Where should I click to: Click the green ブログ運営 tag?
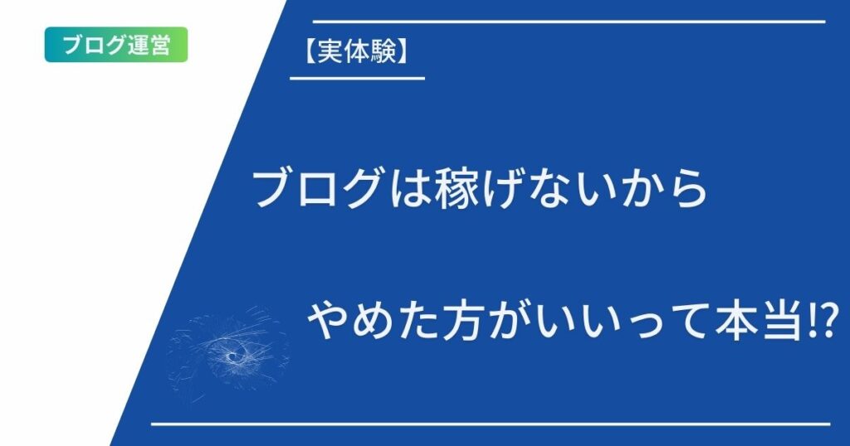pos(116,45)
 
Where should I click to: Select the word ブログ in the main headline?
pos(316,189)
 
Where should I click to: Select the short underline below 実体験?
pos(357,79)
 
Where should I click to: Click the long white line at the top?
pos(569,22)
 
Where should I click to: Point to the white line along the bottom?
pos(491,424)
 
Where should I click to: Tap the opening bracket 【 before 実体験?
pos(310,52)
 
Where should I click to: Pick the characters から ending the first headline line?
pos(663,189)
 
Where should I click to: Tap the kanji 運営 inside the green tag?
pos(149,45)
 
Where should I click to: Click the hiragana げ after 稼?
pos(501,189)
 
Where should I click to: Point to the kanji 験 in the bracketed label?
pos(383,52)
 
